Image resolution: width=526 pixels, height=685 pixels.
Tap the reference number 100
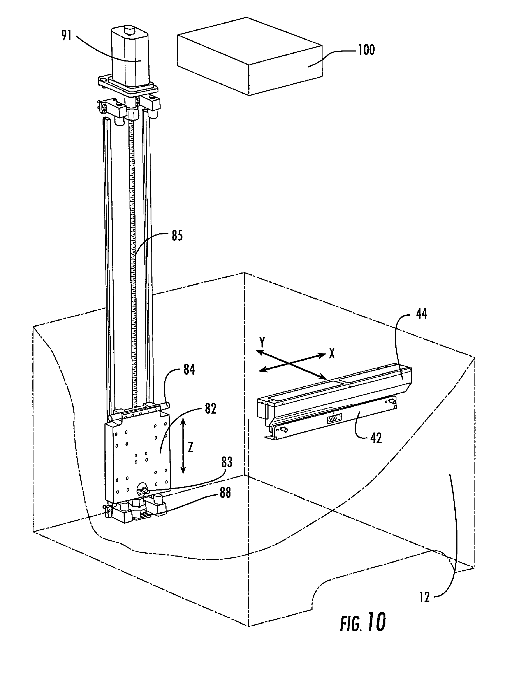(366, 50)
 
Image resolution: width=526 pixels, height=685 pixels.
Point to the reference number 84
(189, 370)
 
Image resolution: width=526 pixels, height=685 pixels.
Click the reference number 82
(211, 409)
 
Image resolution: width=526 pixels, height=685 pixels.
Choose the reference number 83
(227, 462)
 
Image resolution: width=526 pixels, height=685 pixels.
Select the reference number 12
(425, 597)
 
